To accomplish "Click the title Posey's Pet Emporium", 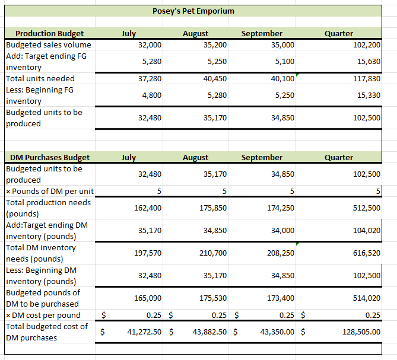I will pos(193,11).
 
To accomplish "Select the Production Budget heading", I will pos(49,34).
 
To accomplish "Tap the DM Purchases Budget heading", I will pos(50,157).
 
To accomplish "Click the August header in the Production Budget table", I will pos(195,34).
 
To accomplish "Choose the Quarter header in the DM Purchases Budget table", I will pos(339,157).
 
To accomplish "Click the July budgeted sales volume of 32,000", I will pos(150,45).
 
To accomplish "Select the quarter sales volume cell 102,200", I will pos(367,45).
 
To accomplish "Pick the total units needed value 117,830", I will pos(367,79).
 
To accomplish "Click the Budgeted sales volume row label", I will pos(49,44).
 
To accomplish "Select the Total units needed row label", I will pos(40,78).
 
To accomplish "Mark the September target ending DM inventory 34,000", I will pos(282,231).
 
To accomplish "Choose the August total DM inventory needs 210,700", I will pos(215,253).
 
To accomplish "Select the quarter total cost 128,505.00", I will pos(361,332).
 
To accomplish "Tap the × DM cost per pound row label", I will pos(43,315).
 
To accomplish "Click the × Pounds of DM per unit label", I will pos(49,191).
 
